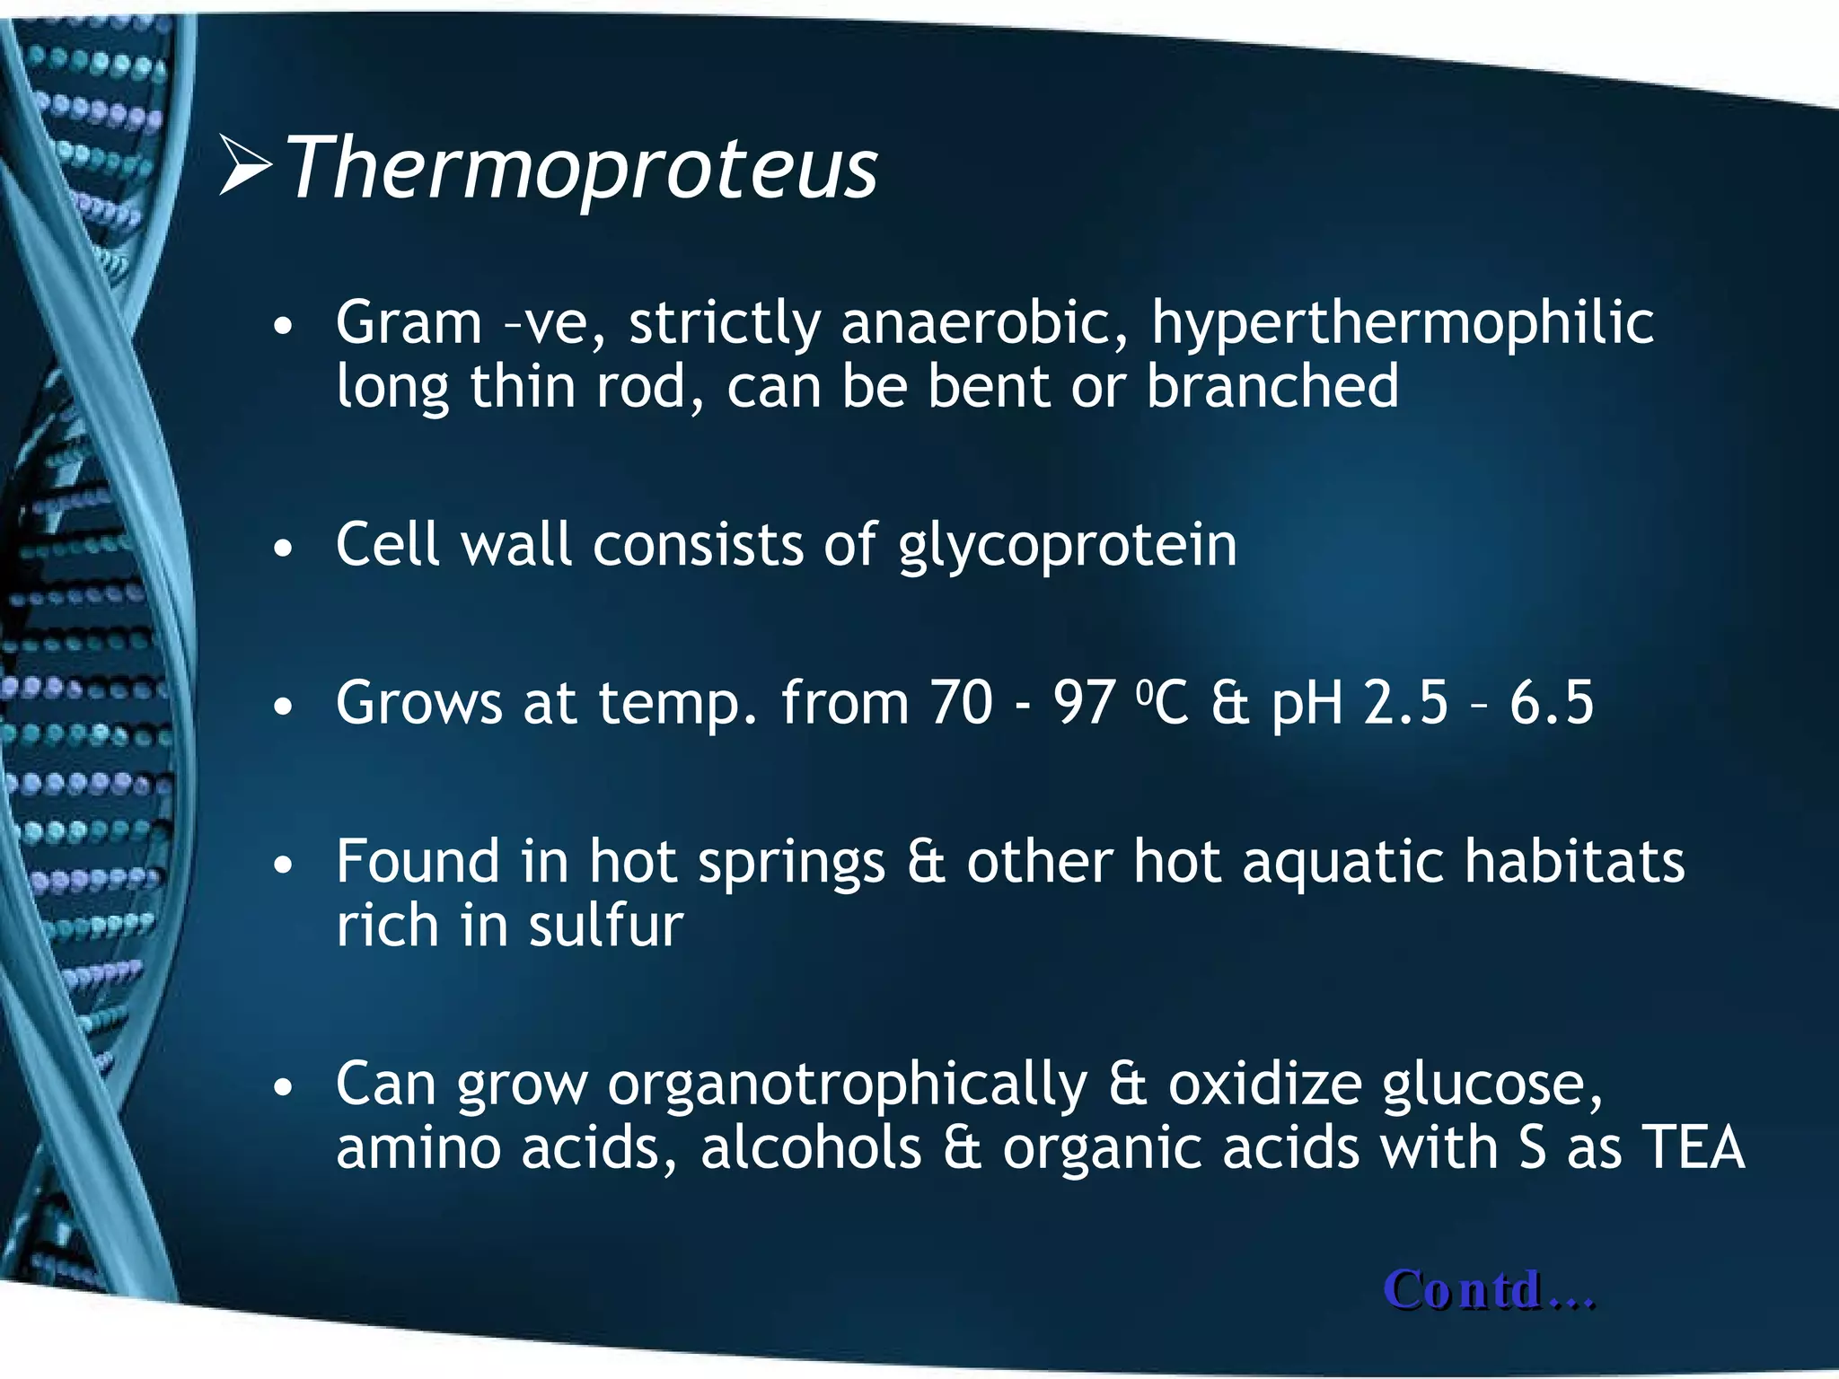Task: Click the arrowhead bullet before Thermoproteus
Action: [245, 166]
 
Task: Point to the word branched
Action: [1272, 387]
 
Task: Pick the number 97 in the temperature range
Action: [1085, 703]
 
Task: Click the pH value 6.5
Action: [1551, 703]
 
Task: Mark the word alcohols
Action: [811, 1148]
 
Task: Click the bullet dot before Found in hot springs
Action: [284, 865]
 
